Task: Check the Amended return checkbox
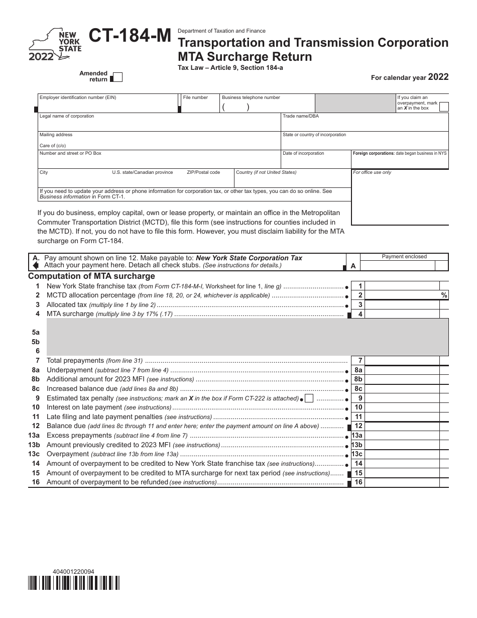117,77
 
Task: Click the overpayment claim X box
444,106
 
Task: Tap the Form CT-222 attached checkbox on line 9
310,398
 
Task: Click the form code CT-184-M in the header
130,36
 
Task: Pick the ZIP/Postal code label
203,172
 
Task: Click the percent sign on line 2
444,295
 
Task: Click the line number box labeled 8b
358,379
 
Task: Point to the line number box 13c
357,454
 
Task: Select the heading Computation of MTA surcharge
91,276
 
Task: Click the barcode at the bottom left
74,583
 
